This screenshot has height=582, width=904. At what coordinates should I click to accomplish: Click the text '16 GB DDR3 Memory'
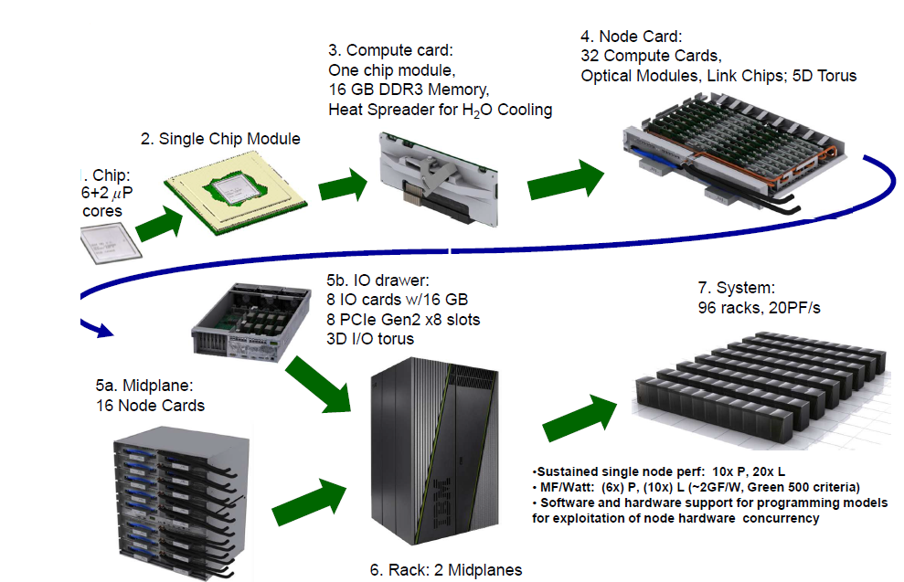(409, 90)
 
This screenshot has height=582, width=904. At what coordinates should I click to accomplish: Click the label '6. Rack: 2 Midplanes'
(446, 570)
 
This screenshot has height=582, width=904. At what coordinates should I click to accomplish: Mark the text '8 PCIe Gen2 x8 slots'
(403, 319)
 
